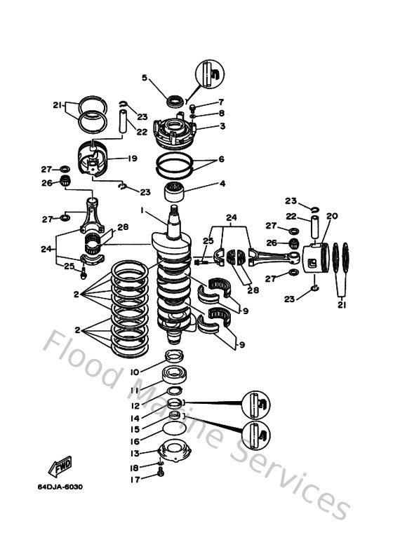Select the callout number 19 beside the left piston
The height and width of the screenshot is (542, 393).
pos(131,158)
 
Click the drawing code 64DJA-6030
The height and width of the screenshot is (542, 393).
pos(60,487)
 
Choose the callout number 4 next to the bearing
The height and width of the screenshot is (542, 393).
pos(222,185)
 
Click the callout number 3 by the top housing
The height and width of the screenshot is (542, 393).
pos(222,126)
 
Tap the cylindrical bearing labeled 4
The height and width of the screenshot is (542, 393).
pos(175,189)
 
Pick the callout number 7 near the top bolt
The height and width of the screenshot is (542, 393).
pos(221,102)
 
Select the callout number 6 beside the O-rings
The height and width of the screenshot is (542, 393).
pos(222,159)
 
